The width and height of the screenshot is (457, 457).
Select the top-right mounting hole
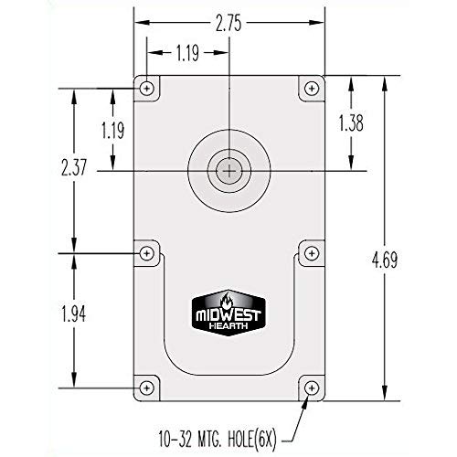coord(312,88)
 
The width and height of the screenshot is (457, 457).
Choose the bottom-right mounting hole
coord(312,388)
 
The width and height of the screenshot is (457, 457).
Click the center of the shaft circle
coord(229,169)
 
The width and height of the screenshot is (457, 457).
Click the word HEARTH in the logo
coord(229,322)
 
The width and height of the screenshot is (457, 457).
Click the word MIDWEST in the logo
coord(229,311)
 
